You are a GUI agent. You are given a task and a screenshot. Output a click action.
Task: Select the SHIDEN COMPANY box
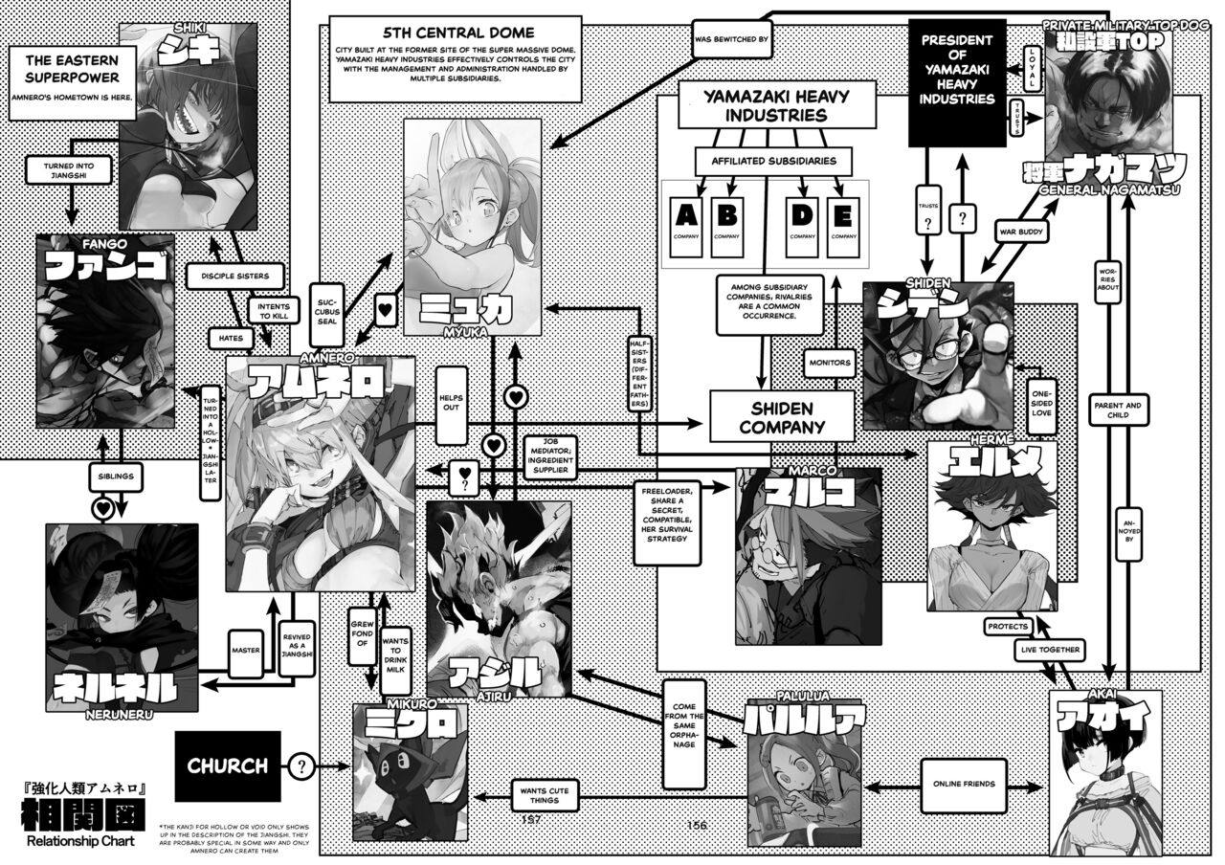pyautogui.click(x=781, y=416)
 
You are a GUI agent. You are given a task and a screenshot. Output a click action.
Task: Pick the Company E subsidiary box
pyautogui.click(x=843, y=226)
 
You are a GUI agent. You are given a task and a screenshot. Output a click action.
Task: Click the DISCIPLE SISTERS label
pyautogui.click(x=228, y=277)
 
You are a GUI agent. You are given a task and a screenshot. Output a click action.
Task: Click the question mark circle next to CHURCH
pyautogui.click(x=302, y=765)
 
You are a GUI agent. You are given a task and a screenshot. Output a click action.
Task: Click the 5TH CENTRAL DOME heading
pyautogui.click(x=455, y=28)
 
